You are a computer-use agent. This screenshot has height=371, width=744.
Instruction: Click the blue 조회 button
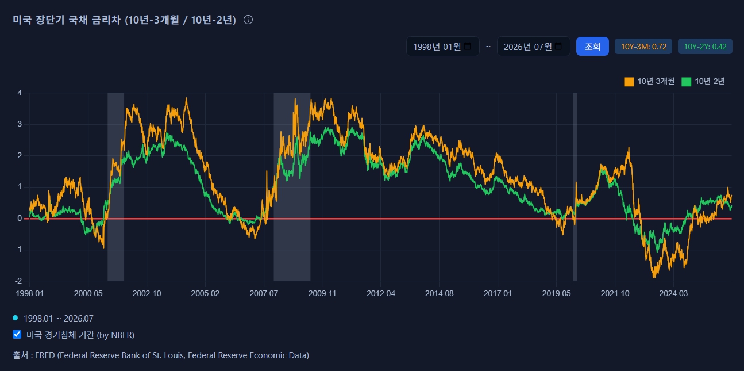tap(592, 47)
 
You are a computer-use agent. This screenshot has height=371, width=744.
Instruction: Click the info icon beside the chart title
tap(248, 20)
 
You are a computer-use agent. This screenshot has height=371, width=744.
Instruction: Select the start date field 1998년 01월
tap(442, 47)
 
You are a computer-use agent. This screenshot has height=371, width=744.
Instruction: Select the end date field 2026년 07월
tap(533, 47)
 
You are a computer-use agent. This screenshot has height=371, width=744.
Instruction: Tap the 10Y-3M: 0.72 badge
tap(643, 47)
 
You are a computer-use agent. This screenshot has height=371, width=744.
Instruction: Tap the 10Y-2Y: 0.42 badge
tap(705, 47)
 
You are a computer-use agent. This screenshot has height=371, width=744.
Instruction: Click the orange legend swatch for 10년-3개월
tap(629, 82)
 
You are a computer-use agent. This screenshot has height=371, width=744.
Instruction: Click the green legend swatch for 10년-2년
tap(686, 82)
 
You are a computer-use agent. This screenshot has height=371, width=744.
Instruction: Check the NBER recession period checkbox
tap(17, 334)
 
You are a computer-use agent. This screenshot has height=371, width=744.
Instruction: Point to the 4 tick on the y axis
tap(20, 93)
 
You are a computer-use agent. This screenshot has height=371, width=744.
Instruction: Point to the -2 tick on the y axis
tap(18, 281)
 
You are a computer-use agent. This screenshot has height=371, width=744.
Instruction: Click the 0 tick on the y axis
tap(20, 219)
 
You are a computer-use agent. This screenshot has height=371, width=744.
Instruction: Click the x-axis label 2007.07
tap(264, 293)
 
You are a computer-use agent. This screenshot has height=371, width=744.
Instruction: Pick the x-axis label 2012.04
tap(381, 293)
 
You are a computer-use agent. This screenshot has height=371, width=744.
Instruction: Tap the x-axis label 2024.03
tap(673, 293)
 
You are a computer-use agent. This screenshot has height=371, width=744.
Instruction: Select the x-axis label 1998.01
tap(29, 293)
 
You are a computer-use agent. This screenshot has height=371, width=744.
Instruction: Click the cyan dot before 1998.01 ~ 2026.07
tap(16, 318)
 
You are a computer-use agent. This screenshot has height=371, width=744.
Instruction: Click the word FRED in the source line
tap(45, 355)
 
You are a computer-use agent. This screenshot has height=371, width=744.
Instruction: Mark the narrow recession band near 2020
tap(575, 187)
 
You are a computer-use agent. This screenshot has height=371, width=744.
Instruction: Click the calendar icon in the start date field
tap(468, 46)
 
